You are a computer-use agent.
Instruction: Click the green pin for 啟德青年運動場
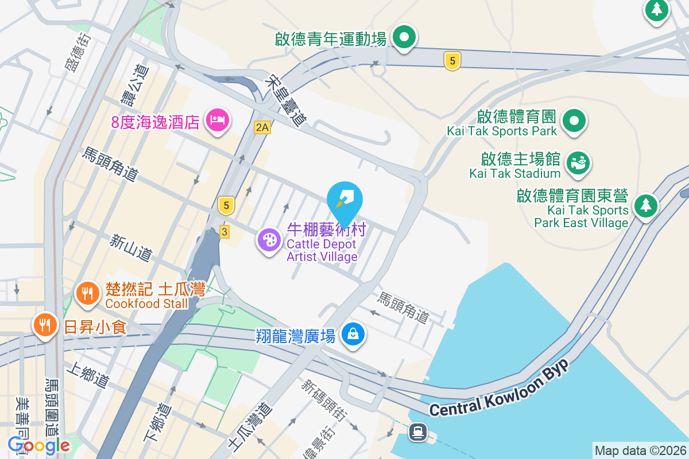tap(404, 38)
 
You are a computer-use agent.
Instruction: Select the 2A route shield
tap(262, 127)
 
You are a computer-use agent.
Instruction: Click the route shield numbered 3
tap(224, 231)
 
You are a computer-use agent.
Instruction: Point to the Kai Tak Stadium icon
tap(579, 162)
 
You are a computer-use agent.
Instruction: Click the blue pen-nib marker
tap(344, 200)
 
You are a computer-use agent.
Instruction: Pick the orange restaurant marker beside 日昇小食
tap(45, 325)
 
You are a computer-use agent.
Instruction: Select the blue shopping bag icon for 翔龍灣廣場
tap(353, 334)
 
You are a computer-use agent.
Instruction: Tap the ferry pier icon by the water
tap(417, 431)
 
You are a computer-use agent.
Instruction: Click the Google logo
tap(39, 445)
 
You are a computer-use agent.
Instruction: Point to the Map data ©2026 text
tap(640, 450)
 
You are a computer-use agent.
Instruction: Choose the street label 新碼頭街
tap(323, 400)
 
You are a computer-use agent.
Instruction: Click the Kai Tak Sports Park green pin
tap(574, 121)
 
